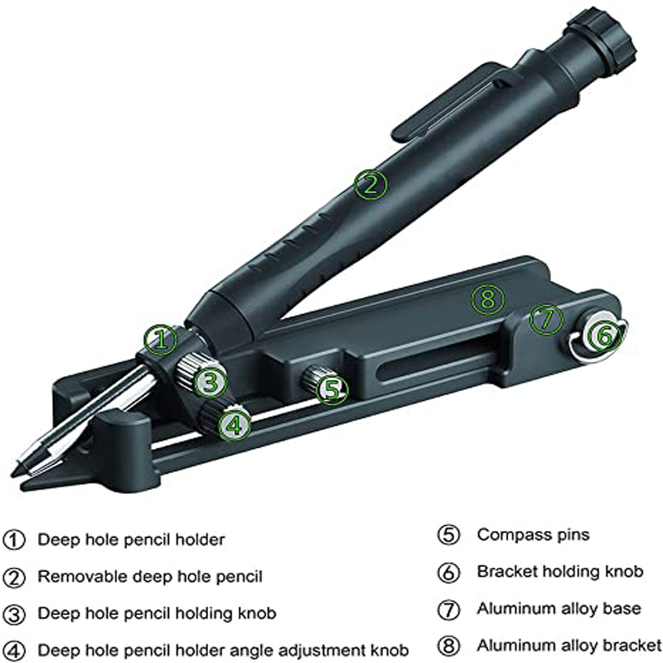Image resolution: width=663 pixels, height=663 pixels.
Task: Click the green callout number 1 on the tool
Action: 160,339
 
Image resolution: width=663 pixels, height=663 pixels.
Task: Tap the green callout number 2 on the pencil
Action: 370,183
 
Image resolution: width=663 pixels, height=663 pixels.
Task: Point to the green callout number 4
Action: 235,425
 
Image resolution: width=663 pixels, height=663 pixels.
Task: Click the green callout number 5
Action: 331,390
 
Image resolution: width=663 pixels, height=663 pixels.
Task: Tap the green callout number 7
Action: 545,318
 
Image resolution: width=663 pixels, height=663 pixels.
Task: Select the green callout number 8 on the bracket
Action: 487,298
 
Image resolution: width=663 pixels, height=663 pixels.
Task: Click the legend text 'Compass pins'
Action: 533,535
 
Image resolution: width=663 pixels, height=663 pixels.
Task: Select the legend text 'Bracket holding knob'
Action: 559,572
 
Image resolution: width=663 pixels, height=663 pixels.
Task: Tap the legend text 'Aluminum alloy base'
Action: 559,608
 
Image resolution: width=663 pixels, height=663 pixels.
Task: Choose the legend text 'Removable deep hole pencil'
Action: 150,577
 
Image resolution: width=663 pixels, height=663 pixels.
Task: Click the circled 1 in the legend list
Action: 14,540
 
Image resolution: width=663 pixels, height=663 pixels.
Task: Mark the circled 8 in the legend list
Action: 448,645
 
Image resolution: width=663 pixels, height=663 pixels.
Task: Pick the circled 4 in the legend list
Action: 14,651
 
